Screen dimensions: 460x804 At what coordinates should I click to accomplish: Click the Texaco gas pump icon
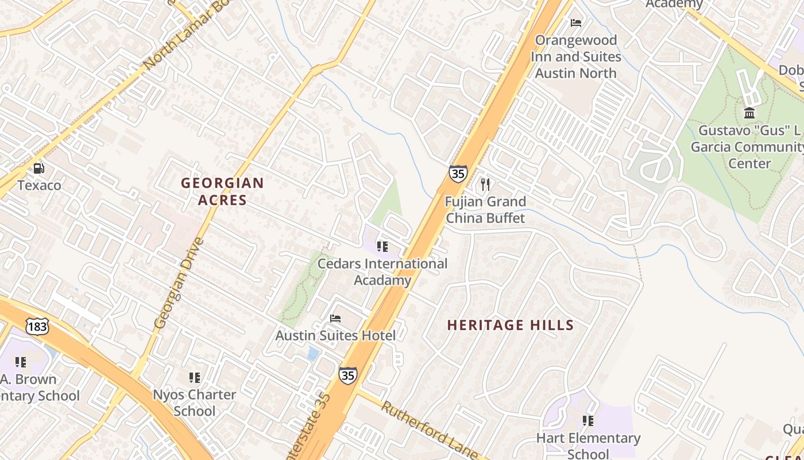(x=38, y=168)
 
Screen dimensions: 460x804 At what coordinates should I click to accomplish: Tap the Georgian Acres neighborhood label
(x=222, y=191)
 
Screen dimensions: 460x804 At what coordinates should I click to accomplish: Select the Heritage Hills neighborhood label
(x=511, y=325)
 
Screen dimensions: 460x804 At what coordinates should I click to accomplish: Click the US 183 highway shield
(x=37, y=327)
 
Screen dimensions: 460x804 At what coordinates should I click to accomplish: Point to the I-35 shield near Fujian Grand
(x=458, y=174)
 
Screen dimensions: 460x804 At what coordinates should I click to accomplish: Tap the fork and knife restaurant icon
(x=485, y=184)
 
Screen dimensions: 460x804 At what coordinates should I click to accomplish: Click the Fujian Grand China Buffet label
(x=485, y=210)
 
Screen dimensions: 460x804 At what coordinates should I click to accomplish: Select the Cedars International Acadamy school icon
(x=382, y=247)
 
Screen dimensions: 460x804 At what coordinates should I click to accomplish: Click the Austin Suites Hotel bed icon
(x=335, y=318)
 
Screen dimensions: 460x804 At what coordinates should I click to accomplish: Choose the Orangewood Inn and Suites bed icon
(x=576, y=23)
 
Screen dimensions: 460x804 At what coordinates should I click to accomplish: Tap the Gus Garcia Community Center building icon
(x=749, y=113)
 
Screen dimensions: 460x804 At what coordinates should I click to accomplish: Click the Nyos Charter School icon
(x=195, y=378)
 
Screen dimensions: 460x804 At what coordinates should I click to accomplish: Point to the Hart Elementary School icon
(x=588, y=421)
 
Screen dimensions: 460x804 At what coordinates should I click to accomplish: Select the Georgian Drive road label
(x=179, y=283)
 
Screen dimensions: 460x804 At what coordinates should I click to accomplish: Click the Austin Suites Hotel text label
(x=335, y=335)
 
